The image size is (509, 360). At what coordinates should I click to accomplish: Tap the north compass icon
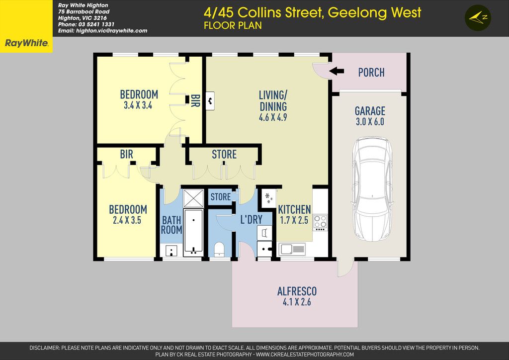point(478,18)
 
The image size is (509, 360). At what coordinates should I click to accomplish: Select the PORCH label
point(371,73)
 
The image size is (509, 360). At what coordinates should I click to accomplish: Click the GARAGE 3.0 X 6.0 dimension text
point(370,122)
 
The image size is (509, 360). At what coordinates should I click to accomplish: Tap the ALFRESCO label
point(297,291)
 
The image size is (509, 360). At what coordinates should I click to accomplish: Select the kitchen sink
point(292,249)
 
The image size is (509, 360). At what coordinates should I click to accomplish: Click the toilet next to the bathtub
point(219,249)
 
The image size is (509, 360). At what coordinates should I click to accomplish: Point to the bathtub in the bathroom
point(193,232)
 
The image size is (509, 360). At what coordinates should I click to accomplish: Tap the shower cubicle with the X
point(193,198)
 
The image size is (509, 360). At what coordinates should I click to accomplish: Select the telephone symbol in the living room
point(210,101)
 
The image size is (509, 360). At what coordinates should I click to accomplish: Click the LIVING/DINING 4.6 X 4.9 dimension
point(273,117)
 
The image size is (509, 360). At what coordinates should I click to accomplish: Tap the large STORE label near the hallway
point(224,154)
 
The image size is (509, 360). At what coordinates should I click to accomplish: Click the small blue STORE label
point(221,197)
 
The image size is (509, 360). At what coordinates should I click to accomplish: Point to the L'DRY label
point(251,219)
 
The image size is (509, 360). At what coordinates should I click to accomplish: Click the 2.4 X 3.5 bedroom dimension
point(127,220)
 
